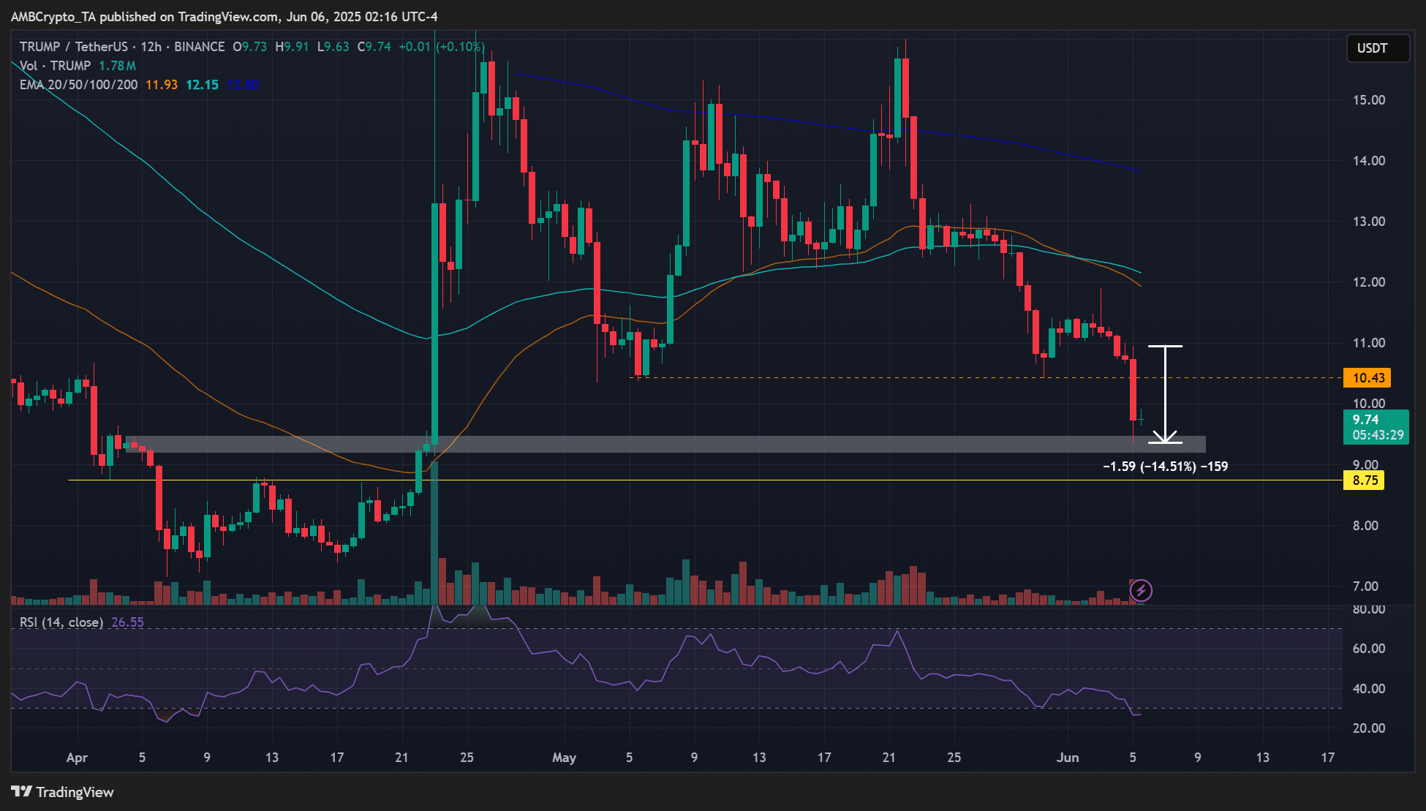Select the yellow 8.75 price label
1364,480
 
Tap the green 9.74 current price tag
1366,420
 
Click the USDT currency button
1372,48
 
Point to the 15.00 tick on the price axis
1368,100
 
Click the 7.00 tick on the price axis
1365,586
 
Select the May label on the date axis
564,758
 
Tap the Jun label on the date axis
1068,758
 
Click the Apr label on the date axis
77,758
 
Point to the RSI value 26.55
127,622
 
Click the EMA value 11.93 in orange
162,85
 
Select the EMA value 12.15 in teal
202,85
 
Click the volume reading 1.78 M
117,66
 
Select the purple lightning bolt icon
1141,590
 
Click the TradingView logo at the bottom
63,792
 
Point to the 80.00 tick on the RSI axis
1368,609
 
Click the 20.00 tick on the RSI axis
1368,728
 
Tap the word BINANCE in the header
199,47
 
